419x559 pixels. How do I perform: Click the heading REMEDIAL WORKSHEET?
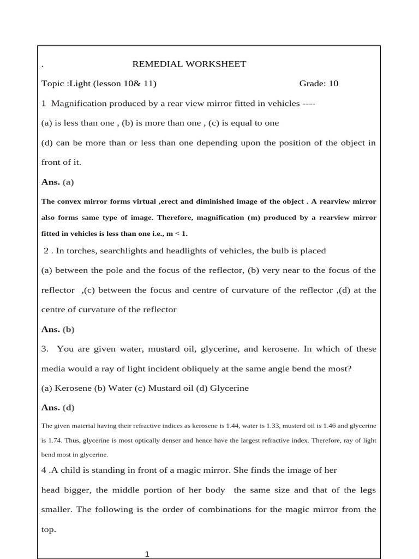[x=189, y=64]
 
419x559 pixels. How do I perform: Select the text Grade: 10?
[x=319, y=84]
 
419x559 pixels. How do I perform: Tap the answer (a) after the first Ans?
[x=68, y=182]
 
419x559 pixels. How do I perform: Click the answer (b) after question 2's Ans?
[x=69, y=329]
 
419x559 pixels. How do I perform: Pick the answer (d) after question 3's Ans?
[x=69, y=408]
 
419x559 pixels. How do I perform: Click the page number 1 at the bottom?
[x=147, y=554]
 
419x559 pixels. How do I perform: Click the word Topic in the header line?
[x=53, y=84]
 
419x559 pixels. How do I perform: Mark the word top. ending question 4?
[x=49, y=530]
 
